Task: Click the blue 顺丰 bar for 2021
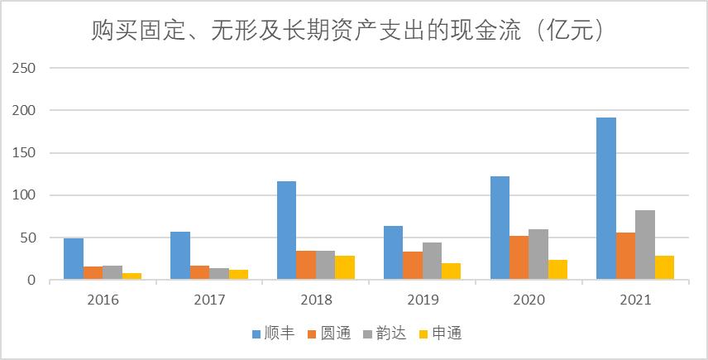(606, 199)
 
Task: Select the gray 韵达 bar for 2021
(645, 245)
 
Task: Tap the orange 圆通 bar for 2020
(519, 258)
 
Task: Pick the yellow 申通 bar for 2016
(132, 276)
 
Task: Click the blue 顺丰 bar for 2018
(286, 231)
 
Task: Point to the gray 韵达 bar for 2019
(432, 262)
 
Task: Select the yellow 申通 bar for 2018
(345, 268)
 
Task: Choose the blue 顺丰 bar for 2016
(74, 259)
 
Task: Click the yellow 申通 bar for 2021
(664, 268)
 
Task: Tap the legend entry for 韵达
(385, 334)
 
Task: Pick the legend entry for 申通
(442, 334)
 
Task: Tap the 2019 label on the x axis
(422, 300)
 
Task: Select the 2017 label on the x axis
(209, 300)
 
